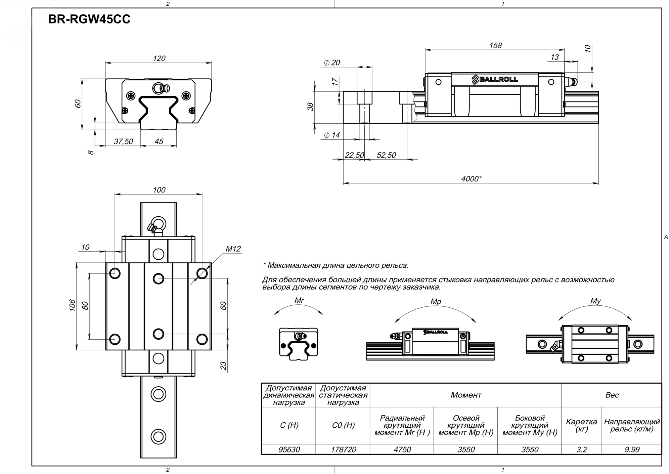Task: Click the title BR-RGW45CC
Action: pyautogui.click(x=89, y=19)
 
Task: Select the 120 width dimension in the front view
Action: pyautogui.click(x=159, y=58)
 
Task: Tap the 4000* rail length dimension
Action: pyautogui.click(x=471, y=179)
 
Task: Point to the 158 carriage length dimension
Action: pyautogui.click(x=495, y=45)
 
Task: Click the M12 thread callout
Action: pyautogui.click(x=233, y=249)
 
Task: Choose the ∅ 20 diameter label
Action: pyautogui.click(x=332, y=63)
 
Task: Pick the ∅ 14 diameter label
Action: pyautogui.click(x=332, y=135)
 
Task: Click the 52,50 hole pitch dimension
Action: pyautogui.click(x=386, y=155)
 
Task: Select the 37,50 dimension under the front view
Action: pyautogui.click(x=123, y=141)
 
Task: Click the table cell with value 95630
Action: pyautogui.click(x=289, y=449)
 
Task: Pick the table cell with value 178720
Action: pyautogui.click(x=343, y=449)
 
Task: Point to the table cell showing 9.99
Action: pyautogui.click(x=632, y=449)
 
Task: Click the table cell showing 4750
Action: pyautogui.click(x=402, y=449)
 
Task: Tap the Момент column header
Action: pyautogui.click(x=466, y=395)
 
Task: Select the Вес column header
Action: pyautogui.click(x=612, y=395)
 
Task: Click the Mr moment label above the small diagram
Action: pyautogui.click(x=299, y=300)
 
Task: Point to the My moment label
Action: pyautogui.click(x=595, y=301)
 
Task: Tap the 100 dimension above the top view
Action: pyautogui.click(x=159, y=190)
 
